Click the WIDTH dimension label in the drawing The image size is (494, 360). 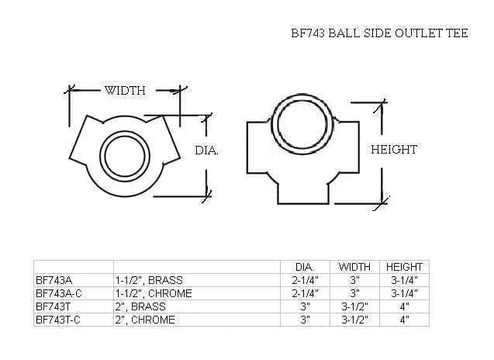[125, 90]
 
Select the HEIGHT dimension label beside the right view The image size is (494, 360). [394, 149]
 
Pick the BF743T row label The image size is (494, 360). [53, 306]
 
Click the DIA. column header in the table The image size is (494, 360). [305, 267]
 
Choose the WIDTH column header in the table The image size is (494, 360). [355, 267]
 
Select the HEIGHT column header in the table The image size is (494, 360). [403, 267]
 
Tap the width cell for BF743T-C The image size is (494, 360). [355, 319]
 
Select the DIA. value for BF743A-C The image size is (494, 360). [305, 293]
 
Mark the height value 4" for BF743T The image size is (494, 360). [403, 306]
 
